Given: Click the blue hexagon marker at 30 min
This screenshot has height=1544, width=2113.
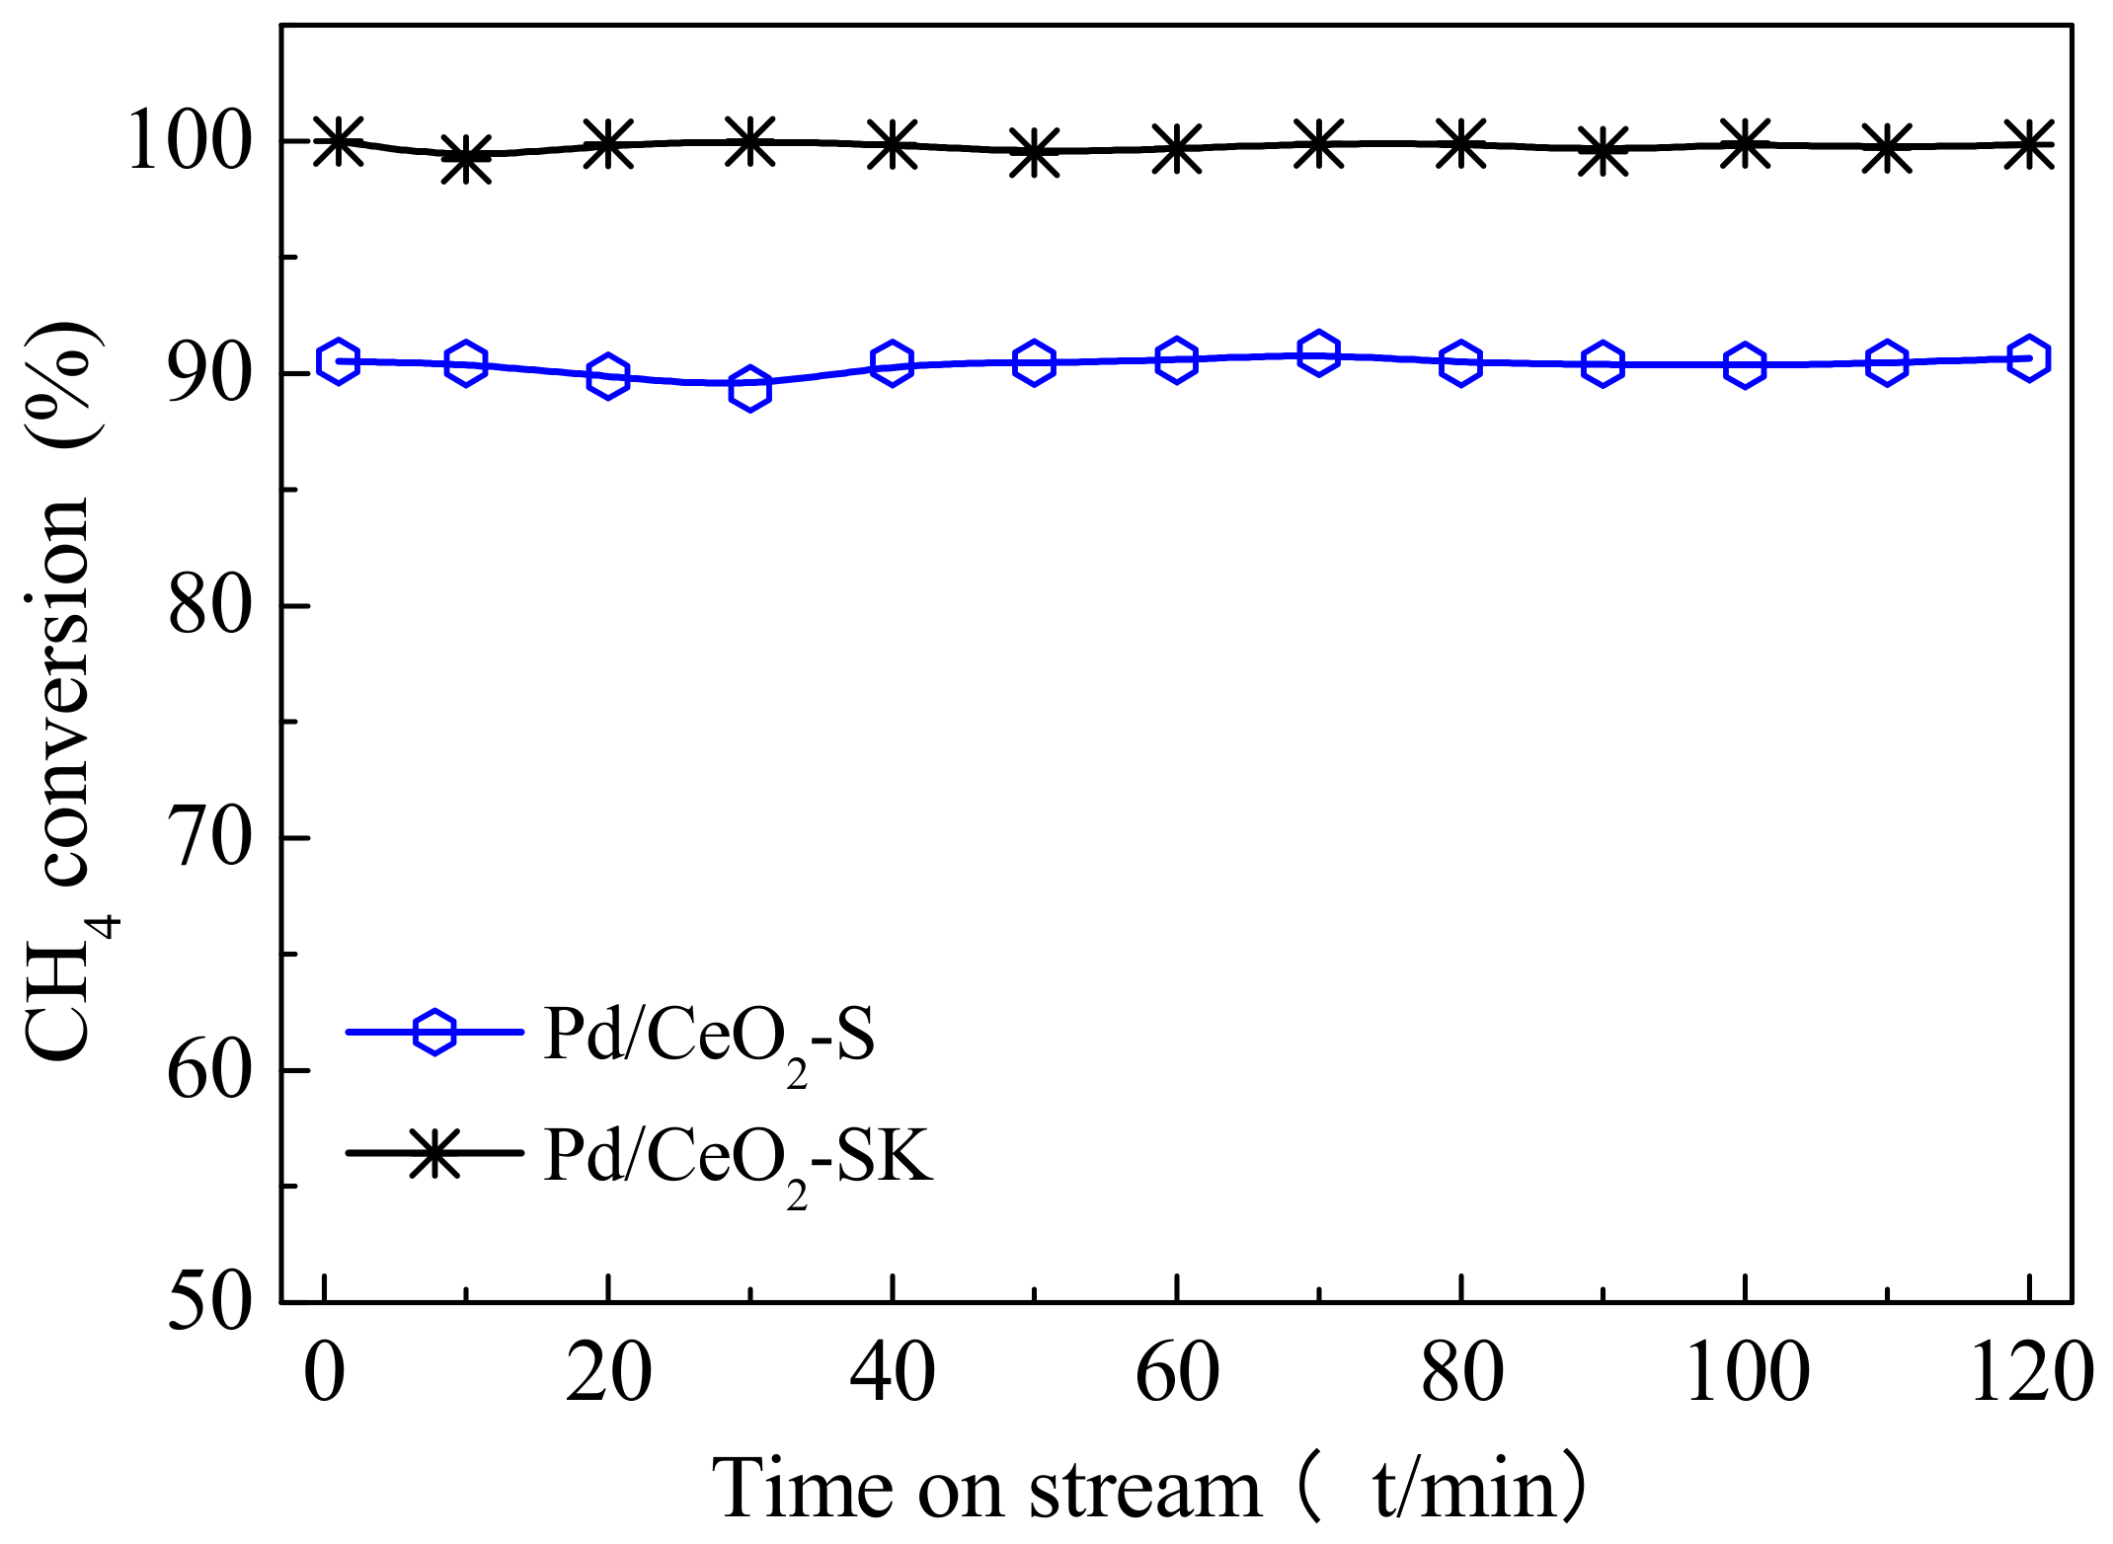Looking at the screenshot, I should pos(750,389).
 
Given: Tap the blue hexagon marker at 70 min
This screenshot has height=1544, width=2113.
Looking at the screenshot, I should pos(1318,353).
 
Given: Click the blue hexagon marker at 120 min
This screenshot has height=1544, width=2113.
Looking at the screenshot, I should pos(2029,358).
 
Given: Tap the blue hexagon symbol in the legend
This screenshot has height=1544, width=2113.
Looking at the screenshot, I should pos(434,1033).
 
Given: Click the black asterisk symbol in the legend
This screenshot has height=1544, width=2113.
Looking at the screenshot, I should pos(434,1153).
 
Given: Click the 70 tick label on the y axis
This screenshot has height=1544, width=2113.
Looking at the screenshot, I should pos(210,839).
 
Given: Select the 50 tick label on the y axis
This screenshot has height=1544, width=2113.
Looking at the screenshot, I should pos(210,1303).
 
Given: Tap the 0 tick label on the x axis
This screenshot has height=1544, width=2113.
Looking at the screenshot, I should pos(324,1374).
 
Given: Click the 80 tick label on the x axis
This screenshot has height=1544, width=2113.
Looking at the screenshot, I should pos(1461,1374).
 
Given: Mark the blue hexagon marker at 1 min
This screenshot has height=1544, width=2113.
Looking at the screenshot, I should pos(338,361).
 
